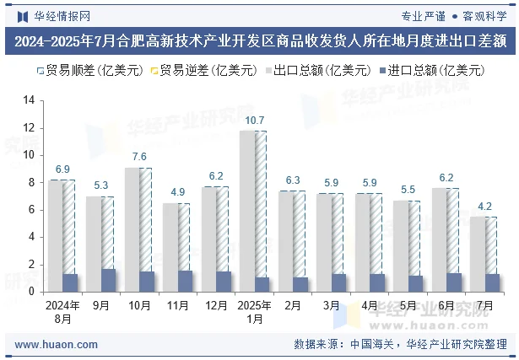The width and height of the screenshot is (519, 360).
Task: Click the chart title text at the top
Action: tap(259, 40)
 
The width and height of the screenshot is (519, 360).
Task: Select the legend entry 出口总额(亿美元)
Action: tap(320, 71)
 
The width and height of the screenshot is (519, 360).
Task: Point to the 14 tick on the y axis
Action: tap(29, 100)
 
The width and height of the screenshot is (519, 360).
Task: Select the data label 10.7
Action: tap(255, 121)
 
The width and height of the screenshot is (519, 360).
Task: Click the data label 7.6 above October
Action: tap(139, 157)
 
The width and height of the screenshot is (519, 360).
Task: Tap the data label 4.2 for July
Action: tap(485, 206)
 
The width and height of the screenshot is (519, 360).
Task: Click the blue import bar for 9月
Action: tap(108, 280)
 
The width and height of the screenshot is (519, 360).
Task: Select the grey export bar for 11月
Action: tap(171, 244)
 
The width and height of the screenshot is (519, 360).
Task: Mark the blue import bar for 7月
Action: tap(493, 282)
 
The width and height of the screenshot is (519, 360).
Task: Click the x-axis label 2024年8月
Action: tap(62, 312)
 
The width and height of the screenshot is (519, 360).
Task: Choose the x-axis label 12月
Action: tap(216, 306)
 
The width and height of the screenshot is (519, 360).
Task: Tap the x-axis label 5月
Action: tap(408, 306)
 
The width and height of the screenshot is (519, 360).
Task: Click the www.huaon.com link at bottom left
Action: tap(57, 345)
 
